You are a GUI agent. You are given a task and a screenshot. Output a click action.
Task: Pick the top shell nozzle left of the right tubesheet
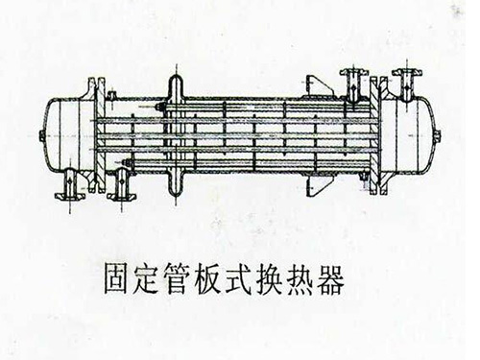351,79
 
